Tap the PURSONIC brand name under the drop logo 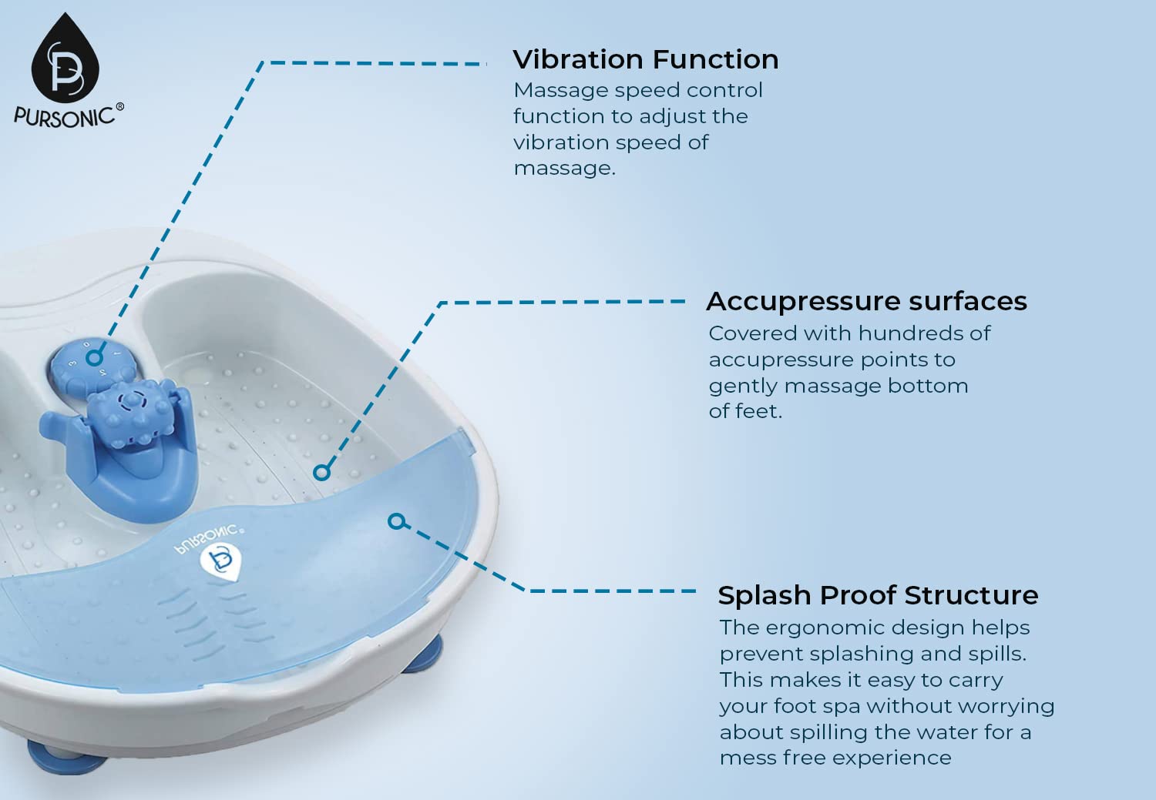[x=64, y=117]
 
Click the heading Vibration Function [x=646, y=59]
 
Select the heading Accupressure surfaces [x=866, y=302]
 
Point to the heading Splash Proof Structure [x=878, y=595]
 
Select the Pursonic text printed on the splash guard [x=210, y=539]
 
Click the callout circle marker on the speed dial [x=94, y=357]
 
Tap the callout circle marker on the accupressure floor [x=321, y=472]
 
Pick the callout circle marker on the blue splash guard [x=396, y=521]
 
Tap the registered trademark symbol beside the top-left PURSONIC [x=119, y=106]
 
